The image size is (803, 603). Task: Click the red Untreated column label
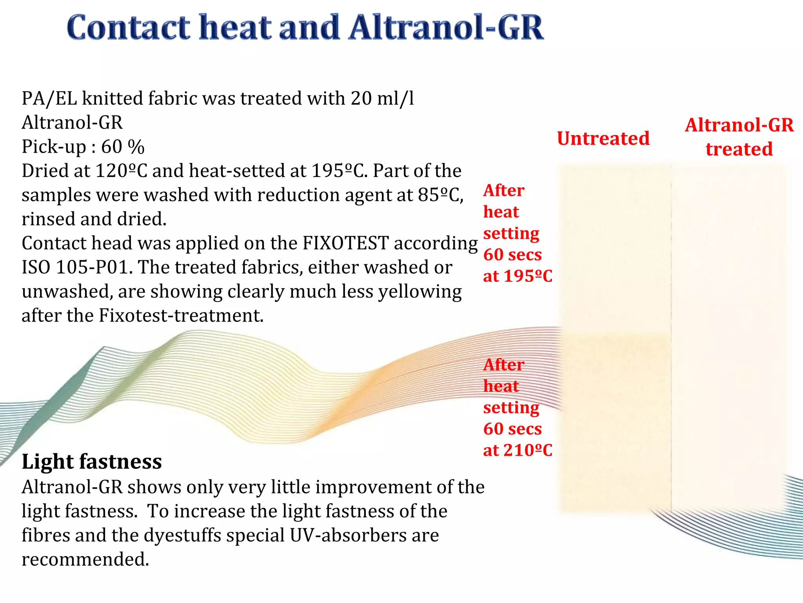click(x=603, y=139)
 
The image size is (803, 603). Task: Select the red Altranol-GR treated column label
click(x=739, y=137)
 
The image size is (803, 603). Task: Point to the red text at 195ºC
click(x=518, y=276)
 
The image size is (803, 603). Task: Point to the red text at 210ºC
click(x=518, y=450)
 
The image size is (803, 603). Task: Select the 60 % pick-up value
click(x=123, y=147)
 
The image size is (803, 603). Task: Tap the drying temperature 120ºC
click(x=121, y=171)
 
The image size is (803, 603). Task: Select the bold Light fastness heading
click(x=92, y=461)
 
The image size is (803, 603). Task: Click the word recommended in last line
click(x=85, y=559)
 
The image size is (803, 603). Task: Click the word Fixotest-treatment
click(x=181, y=316)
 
